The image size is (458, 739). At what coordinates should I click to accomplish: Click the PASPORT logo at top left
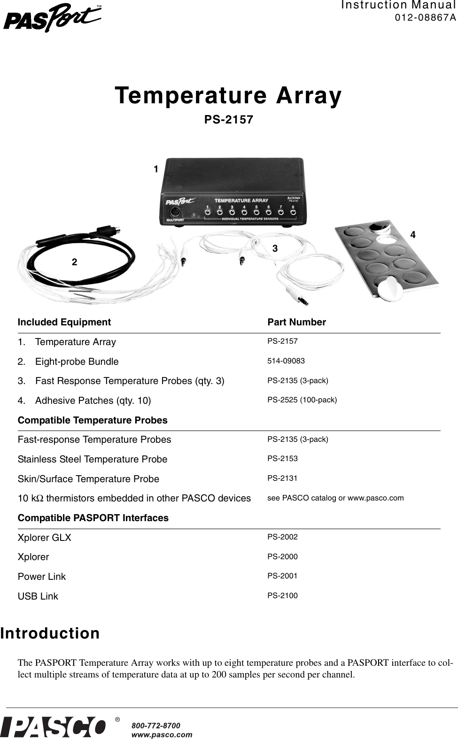pyautogui.click(x=53, y=18)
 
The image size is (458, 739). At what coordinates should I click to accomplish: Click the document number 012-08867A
pyautogui.click(x=425, y=18)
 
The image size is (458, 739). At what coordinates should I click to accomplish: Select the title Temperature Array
pyautogui.click(x=229, y=95)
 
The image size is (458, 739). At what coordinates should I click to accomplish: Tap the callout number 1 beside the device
pyautogui.click(x=156, y=169)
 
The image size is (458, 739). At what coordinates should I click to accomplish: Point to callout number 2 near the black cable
pyautogui.click(x=74, y=262)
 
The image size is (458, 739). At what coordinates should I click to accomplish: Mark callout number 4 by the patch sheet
pyautogui.click(x=413, y=234)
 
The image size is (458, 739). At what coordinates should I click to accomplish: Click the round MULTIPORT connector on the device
pyautogui.click(x=175, y=211)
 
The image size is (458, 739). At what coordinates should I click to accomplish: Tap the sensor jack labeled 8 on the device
pyautogui.click(x=293, y=212)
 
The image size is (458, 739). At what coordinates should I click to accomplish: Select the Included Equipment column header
pyautogui.click(x=64, y=322)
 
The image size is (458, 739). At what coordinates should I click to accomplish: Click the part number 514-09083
pyautogui.click(x=286, y=361)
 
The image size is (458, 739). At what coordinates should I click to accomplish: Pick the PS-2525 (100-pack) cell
pyautogui.click(x=302, y=400)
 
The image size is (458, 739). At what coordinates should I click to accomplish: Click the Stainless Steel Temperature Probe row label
pyautogui.click(x=93, y=459)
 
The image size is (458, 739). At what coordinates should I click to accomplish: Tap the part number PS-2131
pyautogui.click(x=282, y=478)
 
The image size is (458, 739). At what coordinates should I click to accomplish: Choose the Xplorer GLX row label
pyautogui.click(x=45, y=538)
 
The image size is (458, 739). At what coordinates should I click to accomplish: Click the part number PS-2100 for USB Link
pyautogui.click(x=282, y=596)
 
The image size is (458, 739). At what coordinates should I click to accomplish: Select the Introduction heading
pyautogui.click(x=50, y=633)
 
